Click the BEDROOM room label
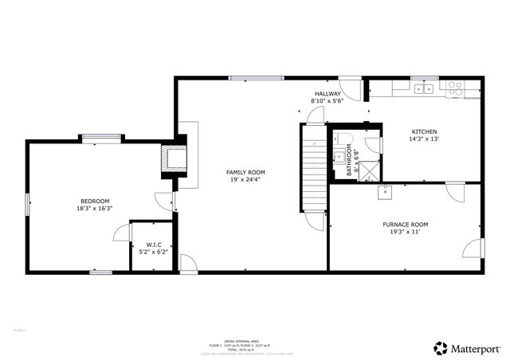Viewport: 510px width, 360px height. [95, 201]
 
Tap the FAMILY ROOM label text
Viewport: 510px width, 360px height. [245, 172]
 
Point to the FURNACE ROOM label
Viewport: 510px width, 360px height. [405, 225]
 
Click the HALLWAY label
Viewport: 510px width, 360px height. [327, 94]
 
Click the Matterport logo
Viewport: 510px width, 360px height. [468, 347]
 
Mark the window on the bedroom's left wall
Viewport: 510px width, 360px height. [27, 205]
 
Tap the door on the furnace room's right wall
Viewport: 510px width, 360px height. [475, 248]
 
